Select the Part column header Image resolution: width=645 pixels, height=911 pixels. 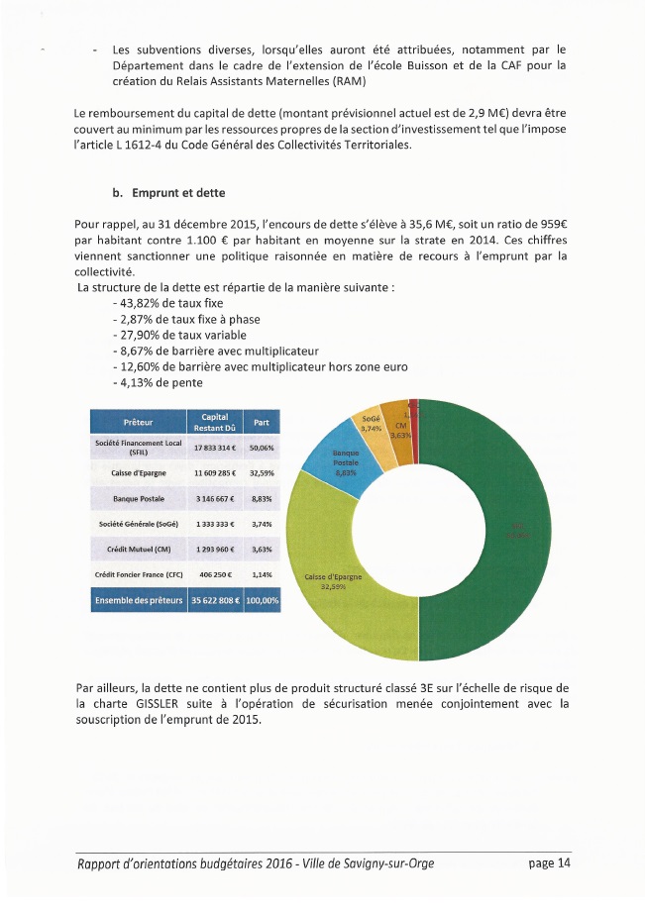262,422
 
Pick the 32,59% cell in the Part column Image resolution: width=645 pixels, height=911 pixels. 262,473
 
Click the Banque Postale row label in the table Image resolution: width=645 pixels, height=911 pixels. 137,498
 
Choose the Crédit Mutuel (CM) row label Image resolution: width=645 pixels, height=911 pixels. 137,549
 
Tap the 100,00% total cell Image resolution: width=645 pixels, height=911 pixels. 262,600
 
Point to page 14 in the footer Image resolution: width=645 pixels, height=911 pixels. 550,863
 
